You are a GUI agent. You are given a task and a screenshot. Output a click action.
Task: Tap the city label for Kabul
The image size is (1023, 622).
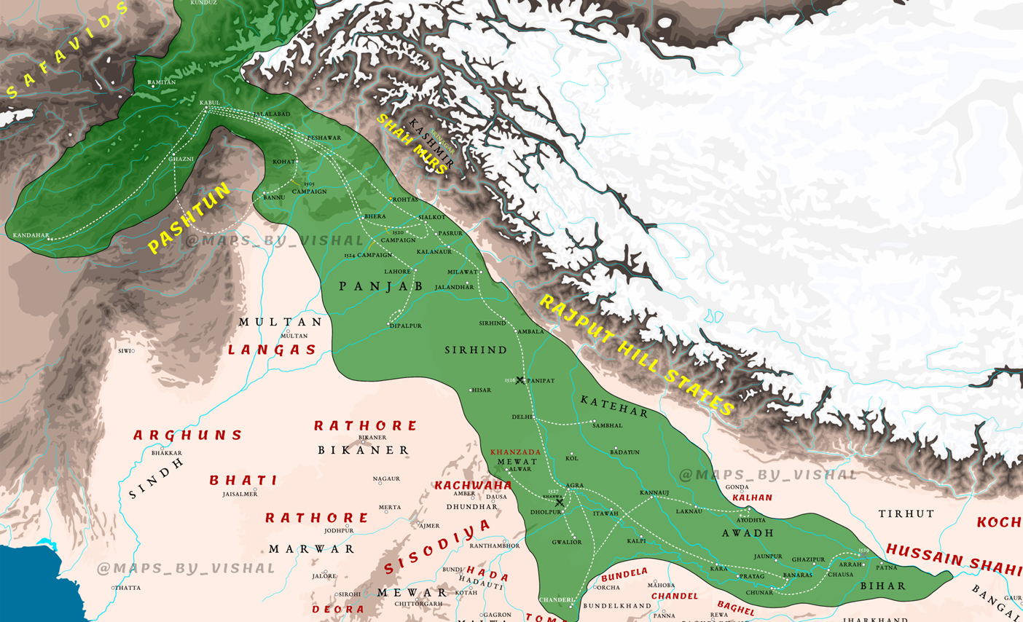[209, 103]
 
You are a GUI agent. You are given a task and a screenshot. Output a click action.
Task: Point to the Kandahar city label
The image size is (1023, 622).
[31, 235]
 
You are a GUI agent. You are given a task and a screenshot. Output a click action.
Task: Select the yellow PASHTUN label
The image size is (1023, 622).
[189, 219]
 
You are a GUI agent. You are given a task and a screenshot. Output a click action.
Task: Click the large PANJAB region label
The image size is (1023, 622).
[381, 286]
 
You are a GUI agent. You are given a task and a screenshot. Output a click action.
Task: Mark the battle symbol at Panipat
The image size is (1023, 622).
[520, 380]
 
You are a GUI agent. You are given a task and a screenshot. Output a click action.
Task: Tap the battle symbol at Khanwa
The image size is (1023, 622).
[560, 503]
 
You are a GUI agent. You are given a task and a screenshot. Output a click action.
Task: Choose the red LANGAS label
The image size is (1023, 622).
[273, 350]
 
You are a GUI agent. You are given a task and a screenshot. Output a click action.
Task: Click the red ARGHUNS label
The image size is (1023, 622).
[188, 436]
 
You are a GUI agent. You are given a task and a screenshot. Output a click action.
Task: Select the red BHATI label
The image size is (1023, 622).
[243, 481]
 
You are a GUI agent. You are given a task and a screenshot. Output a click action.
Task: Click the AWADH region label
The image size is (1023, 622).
[748, 533]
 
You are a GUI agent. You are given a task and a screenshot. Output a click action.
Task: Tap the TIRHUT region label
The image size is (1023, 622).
[906, 514]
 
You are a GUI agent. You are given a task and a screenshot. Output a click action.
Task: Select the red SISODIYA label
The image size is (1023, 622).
[437, 546]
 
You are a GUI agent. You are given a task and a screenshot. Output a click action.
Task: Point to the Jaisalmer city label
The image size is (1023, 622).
[240, 495]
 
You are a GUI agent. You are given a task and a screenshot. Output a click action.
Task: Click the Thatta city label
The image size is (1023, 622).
[128, 588]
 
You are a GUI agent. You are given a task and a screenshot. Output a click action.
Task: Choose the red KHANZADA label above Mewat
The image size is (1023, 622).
[516, 452]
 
